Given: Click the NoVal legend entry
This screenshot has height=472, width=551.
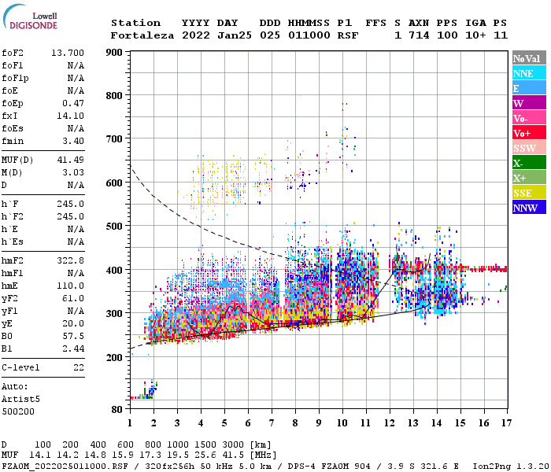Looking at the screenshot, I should (x=528, y=58).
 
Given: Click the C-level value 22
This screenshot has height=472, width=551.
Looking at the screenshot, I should (x=79, y=367).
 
